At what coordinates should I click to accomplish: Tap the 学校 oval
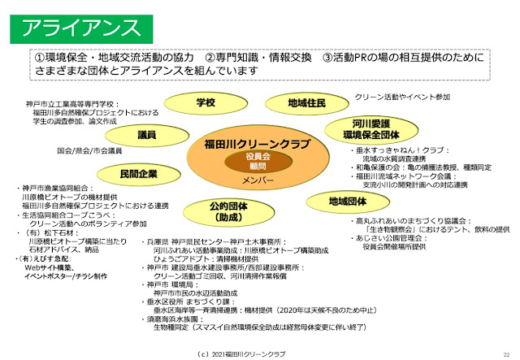click(x=206, y=102)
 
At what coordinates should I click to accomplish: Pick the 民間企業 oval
click(x=138, y=174)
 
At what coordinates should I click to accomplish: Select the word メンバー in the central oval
click(x=258, y=178)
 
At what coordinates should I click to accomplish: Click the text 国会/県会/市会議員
click(x=90, y=151)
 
